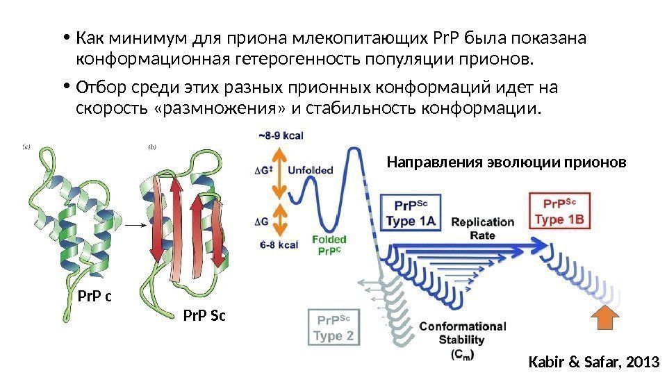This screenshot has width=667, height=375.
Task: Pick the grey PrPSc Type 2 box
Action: point(335,328)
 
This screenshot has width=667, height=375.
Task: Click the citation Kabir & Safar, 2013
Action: point(593,361)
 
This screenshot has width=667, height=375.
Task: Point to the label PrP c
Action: point(94,297)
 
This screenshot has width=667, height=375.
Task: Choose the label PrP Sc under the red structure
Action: point(204,317)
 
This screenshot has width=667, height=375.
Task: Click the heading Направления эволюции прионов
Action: point(506,162)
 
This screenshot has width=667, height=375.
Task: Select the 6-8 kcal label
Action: point(279,245)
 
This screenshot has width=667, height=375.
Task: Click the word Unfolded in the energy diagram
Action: point(310,169)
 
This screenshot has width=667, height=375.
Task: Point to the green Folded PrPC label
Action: point(329,245)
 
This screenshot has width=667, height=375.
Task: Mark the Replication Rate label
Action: point(484,228)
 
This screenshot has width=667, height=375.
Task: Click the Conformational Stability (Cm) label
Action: point(462,340)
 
